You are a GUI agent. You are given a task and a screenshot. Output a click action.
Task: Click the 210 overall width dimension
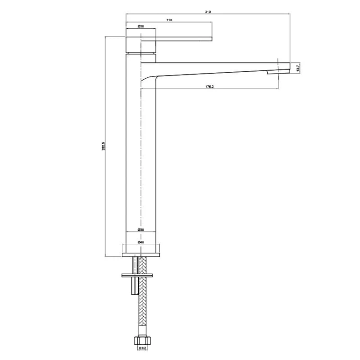pyautogui.click(x=208, y=12)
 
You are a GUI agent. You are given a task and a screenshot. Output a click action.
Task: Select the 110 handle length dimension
pyautogui.click(x=169, y=20)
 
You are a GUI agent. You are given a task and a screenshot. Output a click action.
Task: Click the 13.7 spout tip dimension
pyautogui.click(x=298, y=69)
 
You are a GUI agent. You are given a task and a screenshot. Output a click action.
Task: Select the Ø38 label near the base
pyautogui.click(x=141, y=230)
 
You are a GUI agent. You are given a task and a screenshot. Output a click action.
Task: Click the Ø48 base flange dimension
pyautogui.click(x=141, y=242)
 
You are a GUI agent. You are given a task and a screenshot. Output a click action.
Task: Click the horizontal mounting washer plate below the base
pyautogui.click(x=139, y=275)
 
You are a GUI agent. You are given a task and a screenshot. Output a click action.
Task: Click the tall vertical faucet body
pyautogui.click(x=141, y=158)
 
